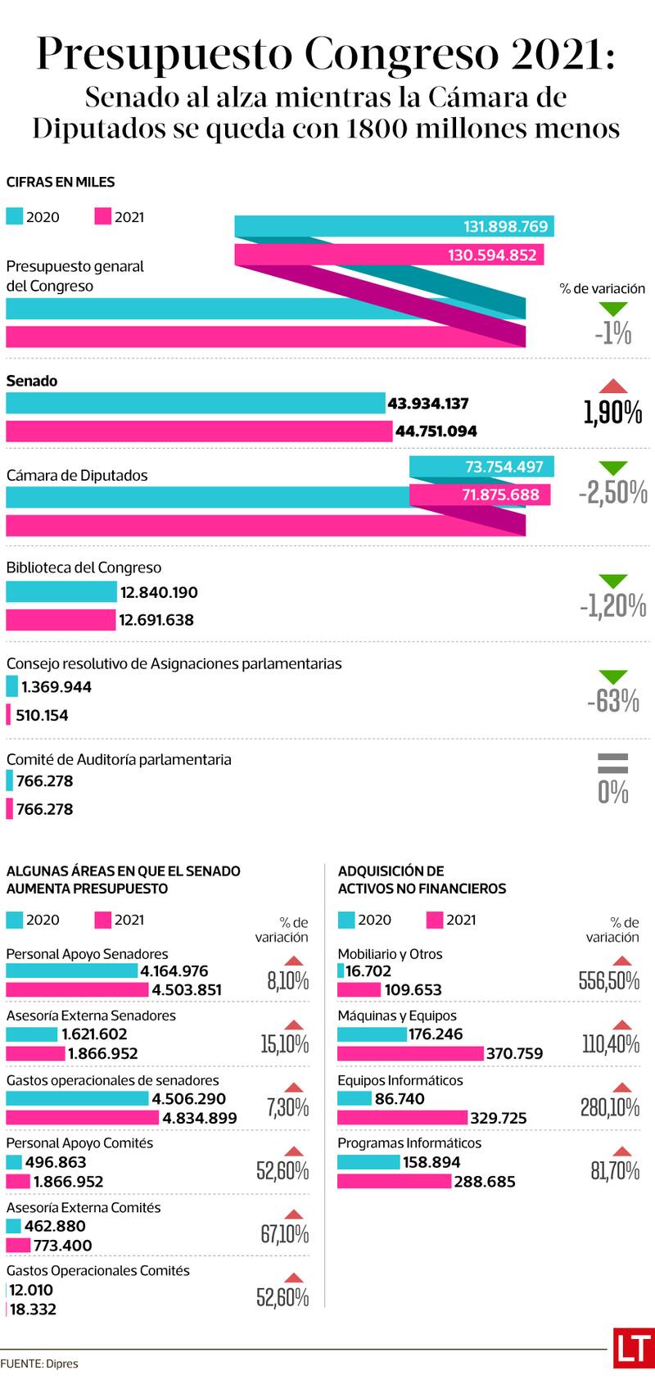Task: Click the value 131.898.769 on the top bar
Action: point(505,227)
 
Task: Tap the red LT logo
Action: point(633,1347)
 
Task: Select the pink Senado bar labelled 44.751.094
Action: point(199,431)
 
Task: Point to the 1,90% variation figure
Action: point(612,414)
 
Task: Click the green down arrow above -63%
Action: point(613,677)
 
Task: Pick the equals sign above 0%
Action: point(613,763)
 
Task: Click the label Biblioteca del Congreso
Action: point(84,568)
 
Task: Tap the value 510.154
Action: point(43,715)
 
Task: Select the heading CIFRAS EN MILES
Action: point(61,182)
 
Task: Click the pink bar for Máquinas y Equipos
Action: point(410,1053)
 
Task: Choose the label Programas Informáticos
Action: point(409,1142)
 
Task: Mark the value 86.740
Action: point(400,1099)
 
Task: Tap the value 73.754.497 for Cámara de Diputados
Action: point(504,467)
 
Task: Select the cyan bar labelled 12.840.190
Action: point(61,592)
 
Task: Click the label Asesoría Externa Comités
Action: point(84,1207)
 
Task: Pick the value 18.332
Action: point(33,1310)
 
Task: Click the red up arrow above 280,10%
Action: point(622,1088)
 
